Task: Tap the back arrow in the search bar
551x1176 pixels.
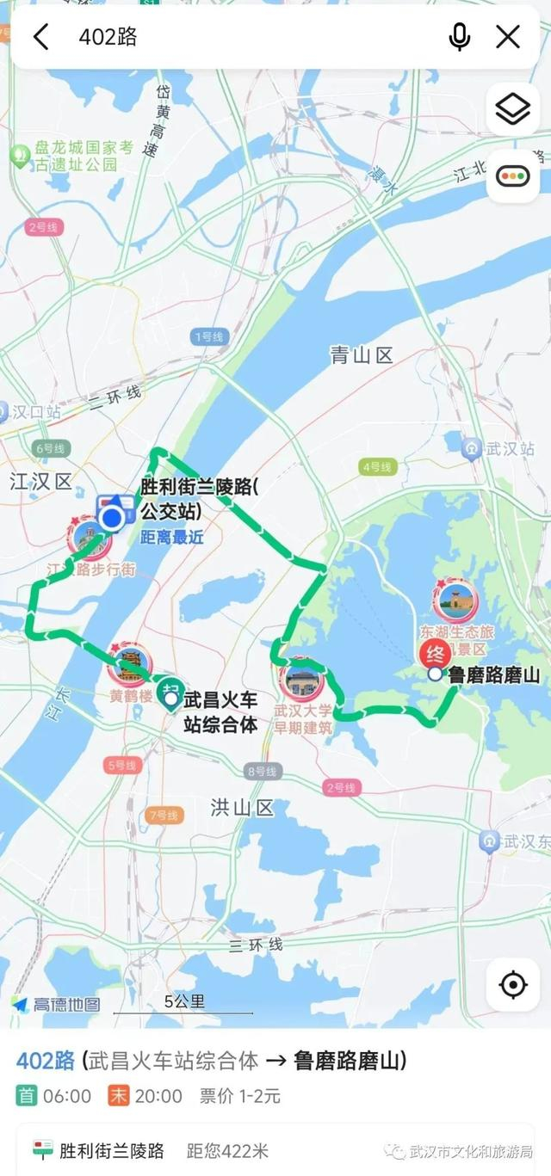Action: click(40, 37)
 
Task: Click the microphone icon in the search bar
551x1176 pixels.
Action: click(459, 37)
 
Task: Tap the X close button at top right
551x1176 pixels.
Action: click(508, 37)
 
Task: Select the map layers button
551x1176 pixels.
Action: click(513, 109)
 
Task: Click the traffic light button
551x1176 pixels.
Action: click(513, 177)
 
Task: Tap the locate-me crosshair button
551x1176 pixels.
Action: click(513, 984)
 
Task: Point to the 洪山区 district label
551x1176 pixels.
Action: click(242, 807)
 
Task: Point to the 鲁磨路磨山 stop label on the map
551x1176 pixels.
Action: click(494, 675)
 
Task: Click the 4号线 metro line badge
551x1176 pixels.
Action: click(376, 467)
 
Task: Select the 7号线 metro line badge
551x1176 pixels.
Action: click(163, 815)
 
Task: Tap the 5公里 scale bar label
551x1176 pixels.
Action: click(184, 1001)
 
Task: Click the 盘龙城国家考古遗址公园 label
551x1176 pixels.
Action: click(84, 155)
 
